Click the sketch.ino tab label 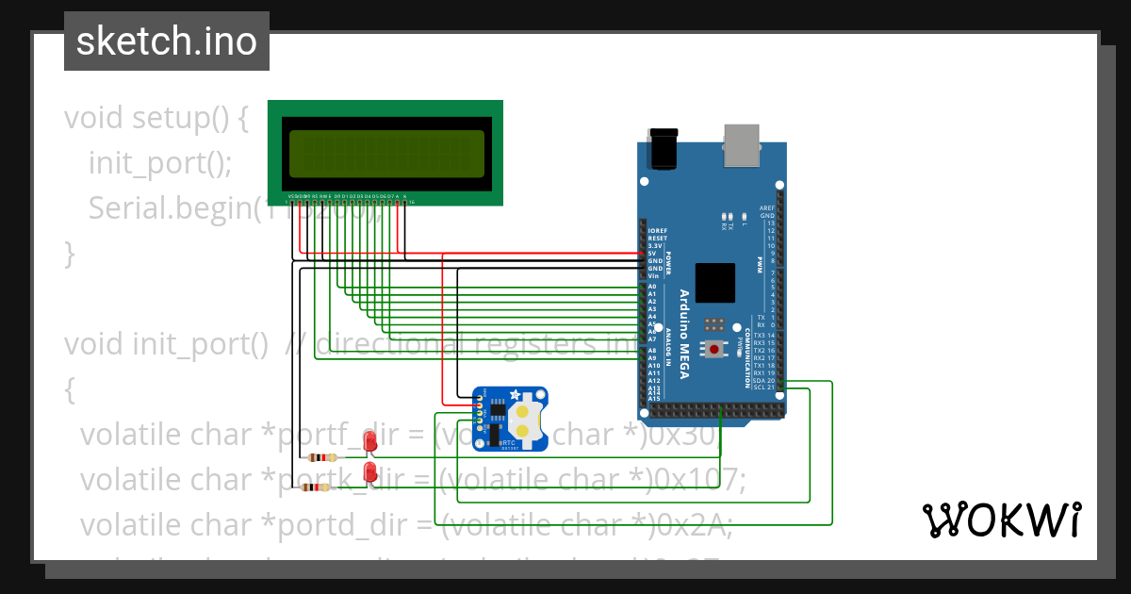tap(167, 41)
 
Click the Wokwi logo tap(1001, 520)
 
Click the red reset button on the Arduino tap(715, 350)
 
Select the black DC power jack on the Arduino tap(664, 149)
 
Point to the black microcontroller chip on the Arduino tap(715, 283)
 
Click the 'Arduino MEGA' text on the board tap(685, 335)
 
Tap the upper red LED tap(369, 440)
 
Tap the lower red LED tap(370, 470)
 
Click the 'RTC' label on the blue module tap(507, 441)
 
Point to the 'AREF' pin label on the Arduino tap(766, 207)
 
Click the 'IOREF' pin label tap(657, 231)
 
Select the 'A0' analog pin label tap(652, 286)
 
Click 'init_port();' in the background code tap(159, 162)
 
